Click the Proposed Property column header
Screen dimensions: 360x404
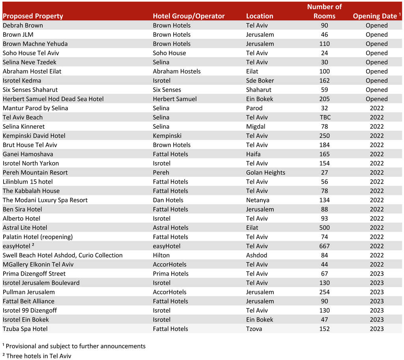point(33,16)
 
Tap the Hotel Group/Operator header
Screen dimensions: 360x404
point(189,16)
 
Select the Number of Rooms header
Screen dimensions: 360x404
point(324,11)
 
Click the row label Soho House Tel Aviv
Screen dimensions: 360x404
point(31,53)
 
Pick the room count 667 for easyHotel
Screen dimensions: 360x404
point(324,246)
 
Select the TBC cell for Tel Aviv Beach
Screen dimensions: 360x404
point(324,117)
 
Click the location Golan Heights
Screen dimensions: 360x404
point(266,172)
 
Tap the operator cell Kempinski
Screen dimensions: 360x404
point(167,136)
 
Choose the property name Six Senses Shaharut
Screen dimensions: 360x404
point(30,90)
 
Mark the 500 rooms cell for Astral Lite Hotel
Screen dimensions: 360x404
point(324,228)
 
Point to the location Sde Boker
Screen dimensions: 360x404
point(260,81)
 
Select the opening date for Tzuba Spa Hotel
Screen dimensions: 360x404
point(376,329)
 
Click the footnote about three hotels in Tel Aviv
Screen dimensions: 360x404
point(39,356)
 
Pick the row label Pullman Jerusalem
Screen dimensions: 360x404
point(29,292)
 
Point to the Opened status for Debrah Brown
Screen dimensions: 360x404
point(376,25)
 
